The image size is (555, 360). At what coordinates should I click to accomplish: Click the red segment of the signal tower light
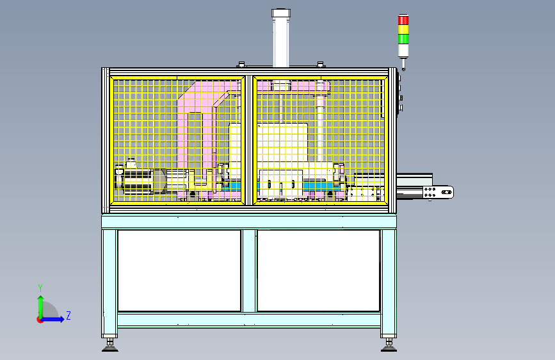(403, 20)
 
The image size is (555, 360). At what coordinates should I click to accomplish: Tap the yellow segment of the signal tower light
(403, 29)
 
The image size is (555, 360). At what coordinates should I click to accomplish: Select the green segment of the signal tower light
(403, 38)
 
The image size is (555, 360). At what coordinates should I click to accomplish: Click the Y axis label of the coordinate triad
(40, 288)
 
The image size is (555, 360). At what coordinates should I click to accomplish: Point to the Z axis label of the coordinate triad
(68, 315)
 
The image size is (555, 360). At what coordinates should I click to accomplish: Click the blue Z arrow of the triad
(52, 319)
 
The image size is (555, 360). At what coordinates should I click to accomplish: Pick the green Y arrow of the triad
(41, 307)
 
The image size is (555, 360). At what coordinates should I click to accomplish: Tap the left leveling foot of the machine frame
(110, 345)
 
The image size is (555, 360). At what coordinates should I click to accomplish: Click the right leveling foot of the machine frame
(389, 345)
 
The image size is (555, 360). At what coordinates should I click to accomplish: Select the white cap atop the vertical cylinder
(281, 13)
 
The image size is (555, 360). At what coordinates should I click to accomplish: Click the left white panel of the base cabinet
(179, 271)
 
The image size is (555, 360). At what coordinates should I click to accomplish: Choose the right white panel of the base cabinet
(318, 271)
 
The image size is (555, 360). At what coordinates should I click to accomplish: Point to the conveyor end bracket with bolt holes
(438, 192)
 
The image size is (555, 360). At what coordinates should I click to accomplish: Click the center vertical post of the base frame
(249, 271)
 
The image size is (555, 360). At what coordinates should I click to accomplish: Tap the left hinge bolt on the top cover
(241, 65)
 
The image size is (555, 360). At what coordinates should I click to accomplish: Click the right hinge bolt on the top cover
(321, 65)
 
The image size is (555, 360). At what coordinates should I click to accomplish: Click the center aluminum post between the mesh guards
(249, 140)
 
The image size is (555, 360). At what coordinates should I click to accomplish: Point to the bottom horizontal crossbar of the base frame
(249, 320)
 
